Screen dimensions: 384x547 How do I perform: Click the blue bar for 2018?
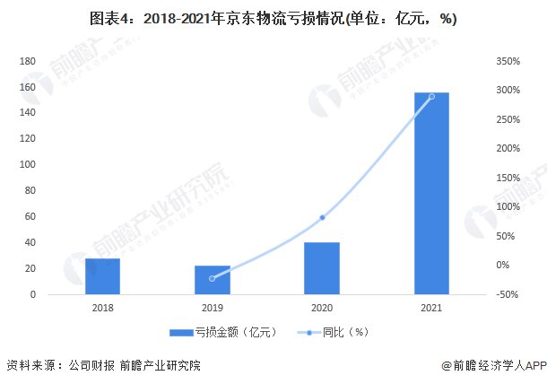(x=103, y=276)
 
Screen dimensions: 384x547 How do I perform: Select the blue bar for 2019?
(x=213, y=280)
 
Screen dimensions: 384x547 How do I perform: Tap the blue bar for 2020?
(x=322, y=268)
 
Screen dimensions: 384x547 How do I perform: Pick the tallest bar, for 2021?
(x=431, y=193)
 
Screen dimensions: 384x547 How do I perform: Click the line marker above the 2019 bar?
(x=213, y=278)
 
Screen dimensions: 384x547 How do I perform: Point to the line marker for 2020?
(x=322, y=217)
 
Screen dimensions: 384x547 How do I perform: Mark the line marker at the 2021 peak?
(x=431, y=96)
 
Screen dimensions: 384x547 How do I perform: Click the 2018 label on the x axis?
(x=103, y=308)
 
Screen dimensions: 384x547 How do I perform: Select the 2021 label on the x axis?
(x=431, y=308)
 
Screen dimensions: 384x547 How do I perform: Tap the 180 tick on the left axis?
(x=27, y=61)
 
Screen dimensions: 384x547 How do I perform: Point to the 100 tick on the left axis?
(x=27, y=165)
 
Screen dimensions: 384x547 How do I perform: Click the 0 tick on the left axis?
(x=32, y=294)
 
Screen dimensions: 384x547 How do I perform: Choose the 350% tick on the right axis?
(x=508, y=61)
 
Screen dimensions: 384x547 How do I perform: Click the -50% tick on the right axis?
(x=508, y=294)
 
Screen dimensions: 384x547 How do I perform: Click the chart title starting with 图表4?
(x=273, y=19)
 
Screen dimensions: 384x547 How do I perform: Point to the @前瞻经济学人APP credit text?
(x=493, y=366)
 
